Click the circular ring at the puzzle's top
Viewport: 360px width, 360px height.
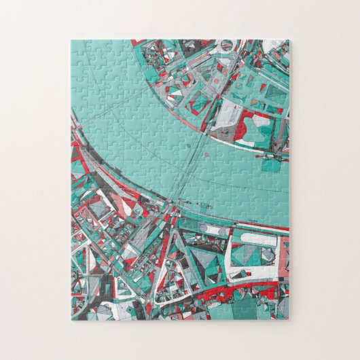(x=227, y=46)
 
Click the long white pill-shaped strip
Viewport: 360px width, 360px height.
(x=259, y=240)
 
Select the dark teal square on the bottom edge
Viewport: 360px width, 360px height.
(x=244, y=309)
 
